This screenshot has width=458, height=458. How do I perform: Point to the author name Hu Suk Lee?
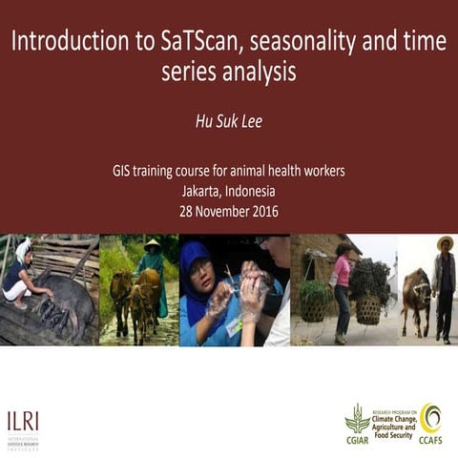(x=228, y=122)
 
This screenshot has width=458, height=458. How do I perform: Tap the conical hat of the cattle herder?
(x=152, y=243)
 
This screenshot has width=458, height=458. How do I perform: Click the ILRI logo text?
(x=24, y=419)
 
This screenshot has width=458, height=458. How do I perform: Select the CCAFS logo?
(x=431, y=423)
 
